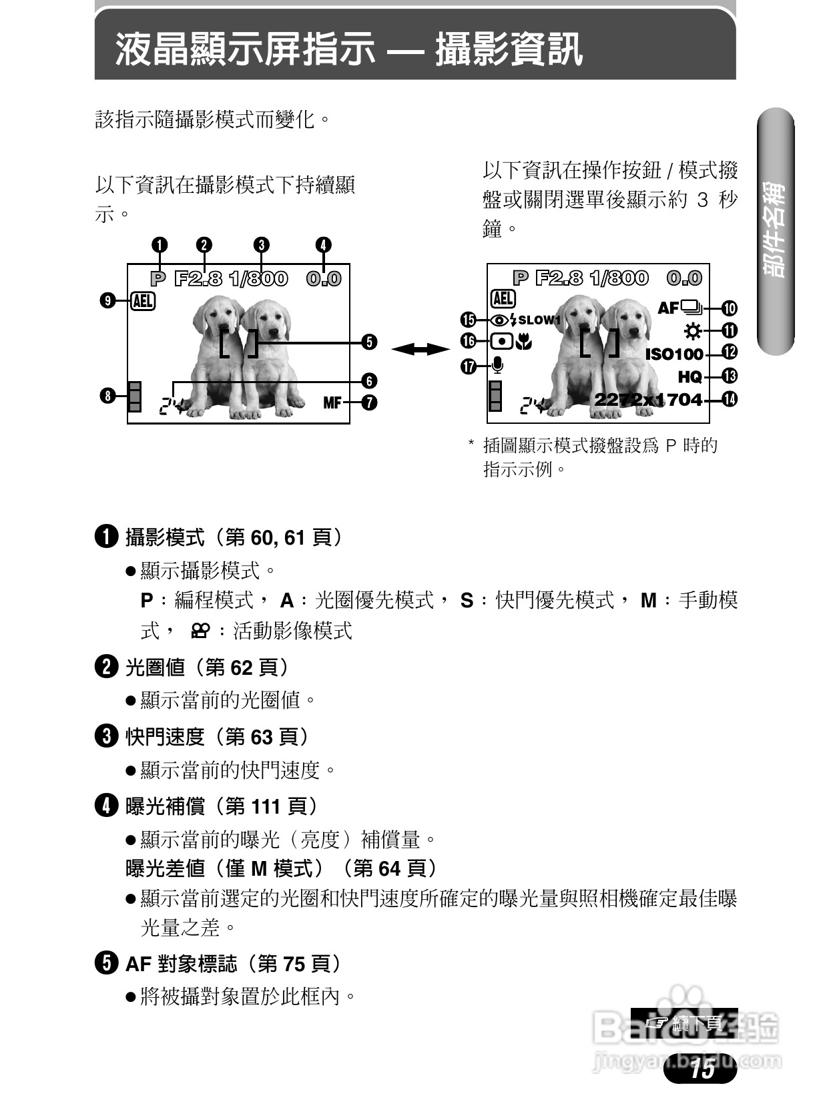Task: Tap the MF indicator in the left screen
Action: point(332,402)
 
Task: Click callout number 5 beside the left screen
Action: point(369,342)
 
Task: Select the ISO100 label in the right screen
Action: point(674,354)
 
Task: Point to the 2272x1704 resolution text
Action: point(648,400)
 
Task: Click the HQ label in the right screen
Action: point(689,377)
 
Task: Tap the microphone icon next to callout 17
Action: point(497,365)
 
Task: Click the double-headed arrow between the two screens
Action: point(420,349)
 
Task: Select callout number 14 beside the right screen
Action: point(730,400)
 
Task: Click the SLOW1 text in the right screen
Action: point(539,320)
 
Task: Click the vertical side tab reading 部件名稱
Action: point(776,230)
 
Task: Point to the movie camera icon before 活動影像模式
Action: point(200,631)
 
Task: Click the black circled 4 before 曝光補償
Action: point(107,806)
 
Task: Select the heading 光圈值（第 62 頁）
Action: point(207,667)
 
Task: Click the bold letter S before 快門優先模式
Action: point(467,601)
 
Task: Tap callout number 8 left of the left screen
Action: point(107,396)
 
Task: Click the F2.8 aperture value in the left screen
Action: point(198,278)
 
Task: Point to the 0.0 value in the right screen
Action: point(684,278)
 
